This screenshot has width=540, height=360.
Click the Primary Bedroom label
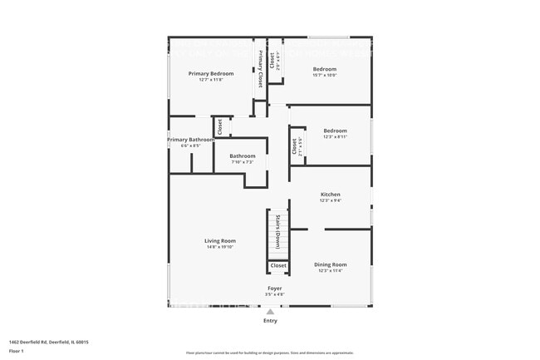[x=211, y=73]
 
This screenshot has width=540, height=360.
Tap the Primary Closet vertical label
[x=259, y=71]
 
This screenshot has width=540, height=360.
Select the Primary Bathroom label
[x=191, y=140]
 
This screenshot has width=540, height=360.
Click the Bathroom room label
[x=243, y=155]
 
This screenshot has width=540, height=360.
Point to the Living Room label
[x=220, y=240]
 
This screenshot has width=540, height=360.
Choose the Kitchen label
[x=331, y=195]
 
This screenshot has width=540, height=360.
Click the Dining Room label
[x=331, y=264]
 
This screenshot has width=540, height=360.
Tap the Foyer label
[x=274, y=288]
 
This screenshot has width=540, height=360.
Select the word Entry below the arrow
[x=270, y=321]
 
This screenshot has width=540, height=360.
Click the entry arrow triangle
[x=270, y=312]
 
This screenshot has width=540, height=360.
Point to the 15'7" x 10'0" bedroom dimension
[x=324, y=75]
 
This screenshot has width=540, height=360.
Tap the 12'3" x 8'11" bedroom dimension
[x=335, y=136]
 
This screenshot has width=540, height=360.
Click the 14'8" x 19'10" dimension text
[x=220, y=247]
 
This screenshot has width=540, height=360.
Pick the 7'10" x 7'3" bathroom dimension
[x=243, y=162]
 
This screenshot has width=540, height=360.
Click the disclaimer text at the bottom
[x=270, y=353]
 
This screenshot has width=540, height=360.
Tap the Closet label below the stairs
[x=278, y=266]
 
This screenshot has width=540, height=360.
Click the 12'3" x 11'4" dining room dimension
[x=331, y=271]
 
